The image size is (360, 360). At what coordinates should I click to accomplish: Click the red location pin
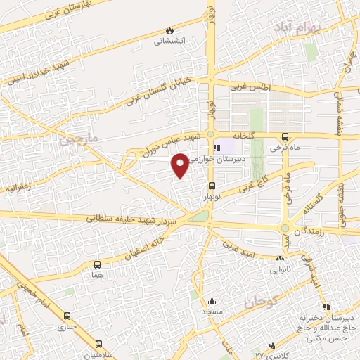click(x=181, y=165)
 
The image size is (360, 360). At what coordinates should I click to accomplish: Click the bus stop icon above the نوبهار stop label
click(x=211, y=186)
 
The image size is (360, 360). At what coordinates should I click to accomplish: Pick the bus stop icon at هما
click(x=97, y=265)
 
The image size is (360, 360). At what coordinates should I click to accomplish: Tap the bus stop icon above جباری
click(x=67, y=316)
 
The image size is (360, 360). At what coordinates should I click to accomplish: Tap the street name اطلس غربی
click(x=250, y=86)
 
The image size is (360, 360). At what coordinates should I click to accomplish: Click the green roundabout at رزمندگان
click(x=285, y=229)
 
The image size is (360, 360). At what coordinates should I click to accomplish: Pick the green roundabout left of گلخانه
click(x=211, y=135)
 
